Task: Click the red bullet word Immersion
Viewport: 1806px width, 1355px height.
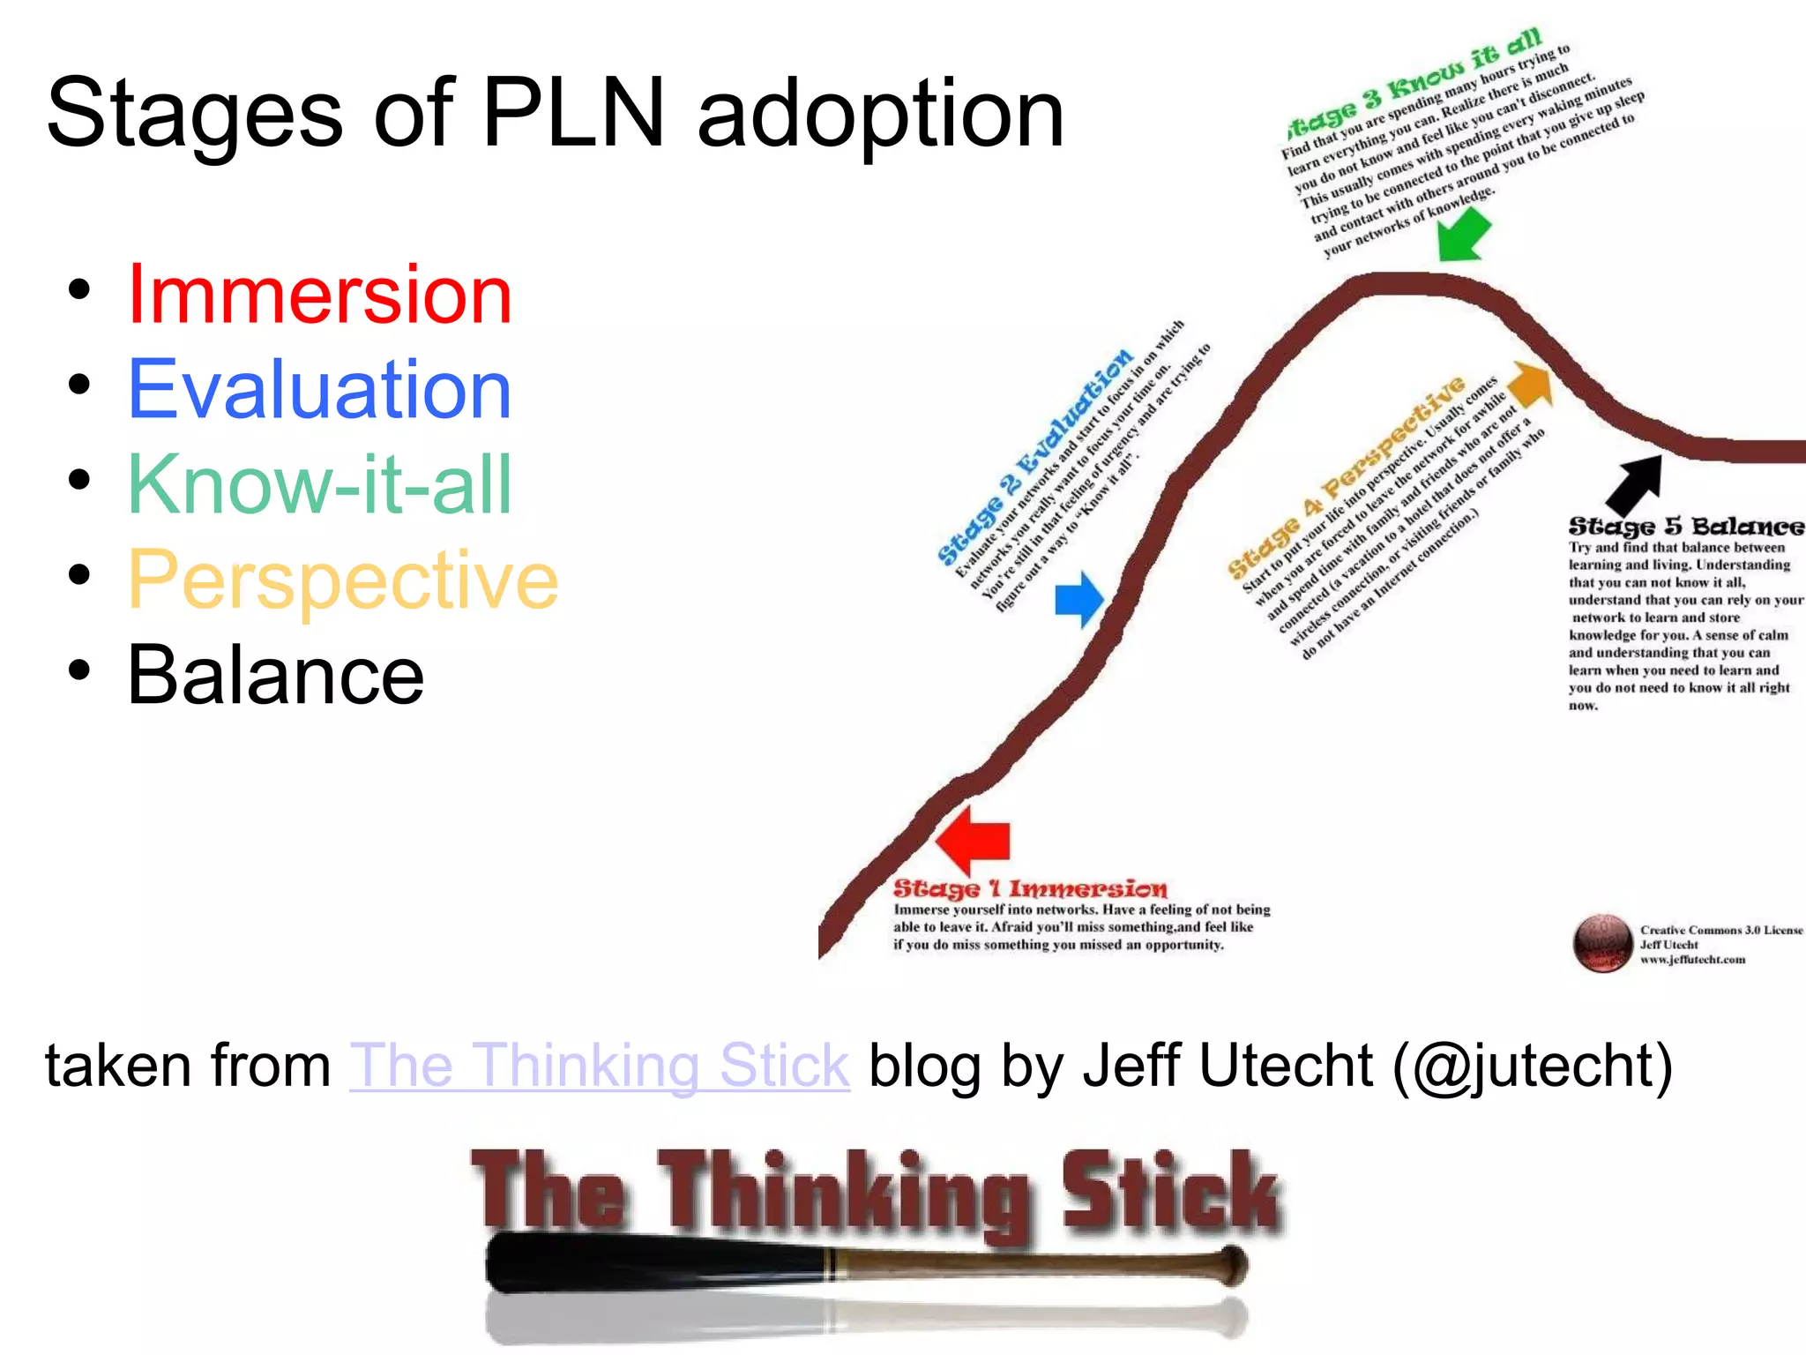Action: coord(319,295)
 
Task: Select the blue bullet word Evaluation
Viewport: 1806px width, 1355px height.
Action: coord(319,390)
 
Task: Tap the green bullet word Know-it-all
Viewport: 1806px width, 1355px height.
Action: coord(319,484)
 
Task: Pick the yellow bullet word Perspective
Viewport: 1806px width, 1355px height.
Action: coord(343,580)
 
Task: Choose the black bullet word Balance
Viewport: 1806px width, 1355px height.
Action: coord(275,675)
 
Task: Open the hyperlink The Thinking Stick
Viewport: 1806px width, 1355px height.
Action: coord(600,1066)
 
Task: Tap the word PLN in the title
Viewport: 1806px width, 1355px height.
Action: coord(573,115)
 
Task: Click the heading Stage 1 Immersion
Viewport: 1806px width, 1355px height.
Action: coord(1030,888)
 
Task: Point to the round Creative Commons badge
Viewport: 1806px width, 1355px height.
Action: coord(1603,943)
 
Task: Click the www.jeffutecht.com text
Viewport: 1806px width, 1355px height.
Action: coord(1692,960)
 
